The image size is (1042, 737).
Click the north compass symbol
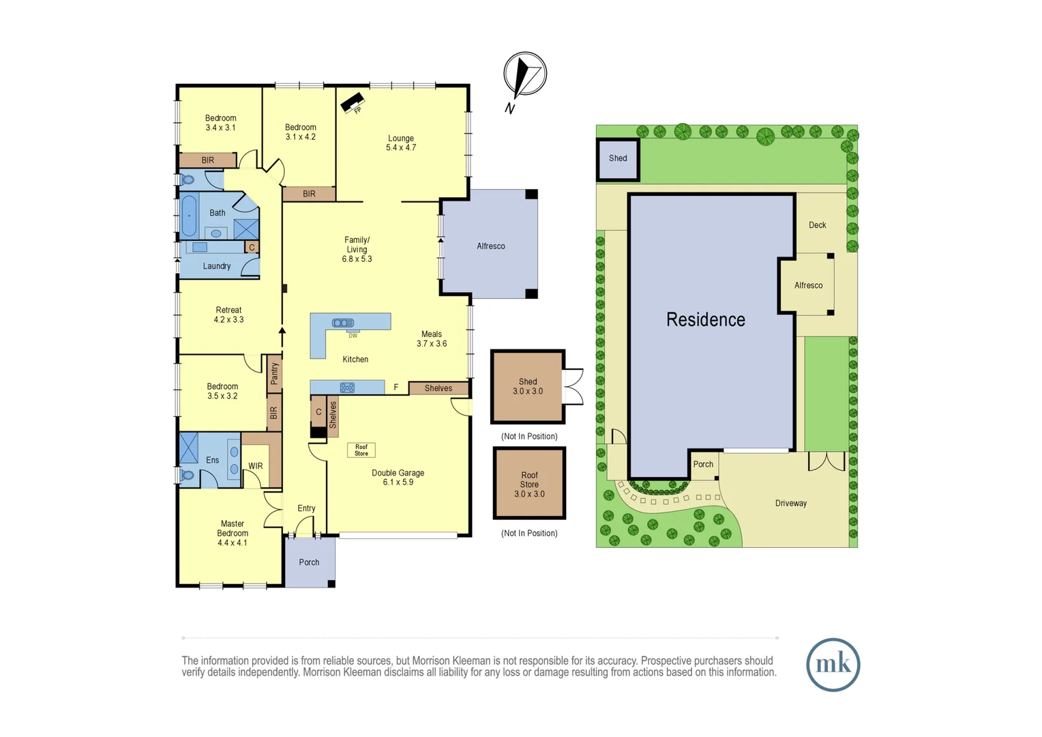pyautogui.click(x=524, y=74)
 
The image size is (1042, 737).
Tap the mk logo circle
pyautogui.click(x=833, y=665)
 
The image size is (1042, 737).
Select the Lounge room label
pyautogui.click(x=401, y=139)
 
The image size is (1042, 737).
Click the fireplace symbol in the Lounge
pyautogui.click(x=352, y=104)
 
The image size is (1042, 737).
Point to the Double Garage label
pyautogui.click(x=398, y=473)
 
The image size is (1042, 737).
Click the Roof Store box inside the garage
pyautogui.click(x=361, y=450)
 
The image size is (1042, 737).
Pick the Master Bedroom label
pyautogui.click(x=233, y=529)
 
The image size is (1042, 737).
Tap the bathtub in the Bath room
pyautogui.click(x=189, y=216)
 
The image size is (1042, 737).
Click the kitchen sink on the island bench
pyautogui.click(x=343, y=323)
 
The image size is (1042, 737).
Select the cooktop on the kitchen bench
pyautogui.click(x=347, y=388)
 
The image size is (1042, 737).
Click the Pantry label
pyautogui.click(x=274, y=373)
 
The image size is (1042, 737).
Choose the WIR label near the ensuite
pyautogui.click(x=256, y=466)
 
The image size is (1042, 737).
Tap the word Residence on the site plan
pyautogui.click(x=705, y=319)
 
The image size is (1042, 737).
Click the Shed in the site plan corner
pyautogui.click(x=618, y=159)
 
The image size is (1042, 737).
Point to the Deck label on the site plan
pyautogui.click(x=817, y=225)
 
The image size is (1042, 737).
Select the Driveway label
pyautogui.click(x=790, y=504)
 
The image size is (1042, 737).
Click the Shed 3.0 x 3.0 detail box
pyautogui.click(x=529, y=387)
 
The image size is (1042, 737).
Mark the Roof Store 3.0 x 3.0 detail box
pyautogui.click(x=529, y=484)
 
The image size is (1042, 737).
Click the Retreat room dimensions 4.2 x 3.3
pyautogui.click(x=228, y=320)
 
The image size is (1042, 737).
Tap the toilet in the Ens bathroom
pyautogui.click(x=187, y=474)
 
